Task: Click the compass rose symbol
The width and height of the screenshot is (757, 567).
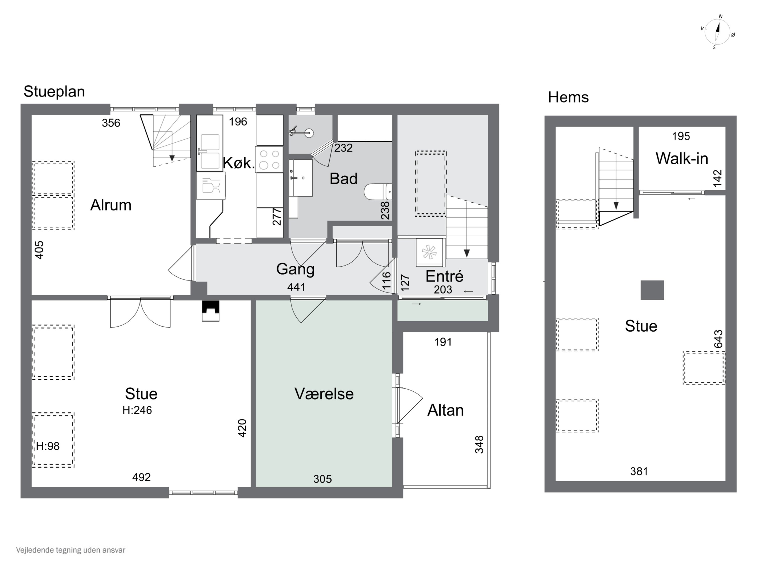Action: coord(718,32)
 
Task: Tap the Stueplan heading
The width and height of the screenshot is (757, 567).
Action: coord(54,91)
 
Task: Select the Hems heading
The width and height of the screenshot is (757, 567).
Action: coord(568,98)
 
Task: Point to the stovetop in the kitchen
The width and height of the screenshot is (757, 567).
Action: coord(269,159)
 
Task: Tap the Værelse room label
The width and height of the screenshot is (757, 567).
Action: coord(324,394)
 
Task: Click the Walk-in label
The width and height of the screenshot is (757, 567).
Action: coord(682,159)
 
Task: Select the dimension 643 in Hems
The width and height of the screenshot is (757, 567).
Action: coord(718,339)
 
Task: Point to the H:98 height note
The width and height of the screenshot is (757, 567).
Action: coord(48,446)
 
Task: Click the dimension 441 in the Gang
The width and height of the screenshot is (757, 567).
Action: coord(296,287)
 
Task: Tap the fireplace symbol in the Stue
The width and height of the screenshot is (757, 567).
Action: coord(210,311)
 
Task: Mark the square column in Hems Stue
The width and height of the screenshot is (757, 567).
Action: coord(652,290)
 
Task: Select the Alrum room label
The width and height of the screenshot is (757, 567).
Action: coord(111,205)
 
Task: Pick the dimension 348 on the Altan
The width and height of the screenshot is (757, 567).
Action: coord(479,445)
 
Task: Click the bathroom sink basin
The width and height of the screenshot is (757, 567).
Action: coord(301,178)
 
